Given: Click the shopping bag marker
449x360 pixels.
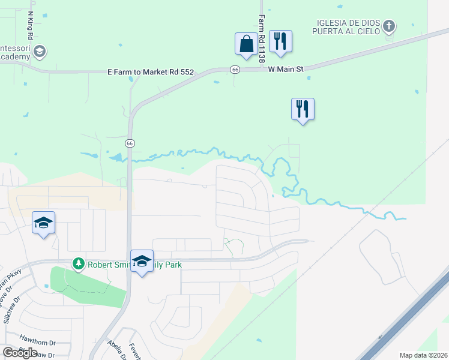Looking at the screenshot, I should (246, 44).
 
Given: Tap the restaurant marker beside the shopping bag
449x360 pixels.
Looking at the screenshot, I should (280, 41).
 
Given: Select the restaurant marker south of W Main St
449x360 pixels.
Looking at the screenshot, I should (303, 109).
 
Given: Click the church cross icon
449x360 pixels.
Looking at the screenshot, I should (389, 26).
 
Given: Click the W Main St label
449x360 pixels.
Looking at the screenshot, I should (286, 70).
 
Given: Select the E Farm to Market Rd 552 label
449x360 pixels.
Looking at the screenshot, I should (151, 72).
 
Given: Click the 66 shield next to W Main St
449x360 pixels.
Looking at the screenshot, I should (235, 70).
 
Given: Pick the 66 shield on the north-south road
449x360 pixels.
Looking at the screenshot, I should (130, 143).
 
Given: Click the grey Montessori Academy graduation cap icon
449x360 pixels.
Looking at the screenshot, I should (40, 51).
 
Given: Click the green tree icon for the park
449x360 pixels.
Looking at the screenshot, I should (78, 263).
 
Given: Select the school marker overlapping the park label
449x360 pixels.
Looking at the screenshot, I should (142, 261).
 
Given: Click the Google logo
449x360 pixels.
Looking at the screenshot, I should (20, 352).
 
